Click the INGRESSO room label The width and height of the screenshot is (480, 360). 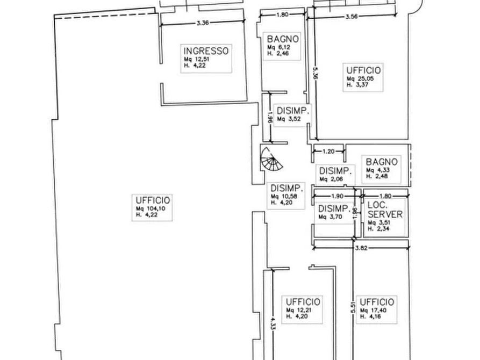(206, 51)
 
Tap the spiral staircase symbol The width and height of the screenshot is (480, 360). (269, 158)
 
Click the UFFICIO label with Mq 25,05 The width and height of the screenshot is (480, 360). (363, 70)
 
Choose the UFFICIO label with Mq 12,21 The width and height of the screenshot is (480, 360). (303, 302)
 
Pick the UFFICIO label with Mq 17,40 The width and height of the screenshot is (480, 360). (377, 302)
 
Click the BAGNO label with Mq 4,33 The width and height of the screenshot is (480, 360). (381, 162)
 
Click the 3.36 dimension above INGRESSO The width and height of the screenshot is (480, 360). (203, 23)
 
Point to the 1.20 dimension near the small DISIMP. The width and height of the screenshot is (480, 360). (328, 152)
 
